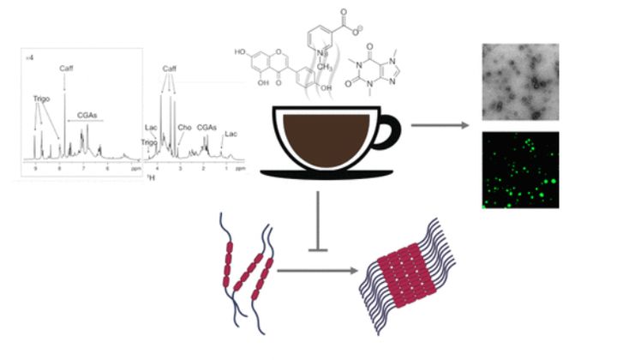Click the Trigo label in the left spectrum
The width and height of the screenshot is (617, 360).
pos(42,99)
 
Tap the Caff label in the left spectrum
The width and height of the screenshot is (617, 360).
pos(68,68)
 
